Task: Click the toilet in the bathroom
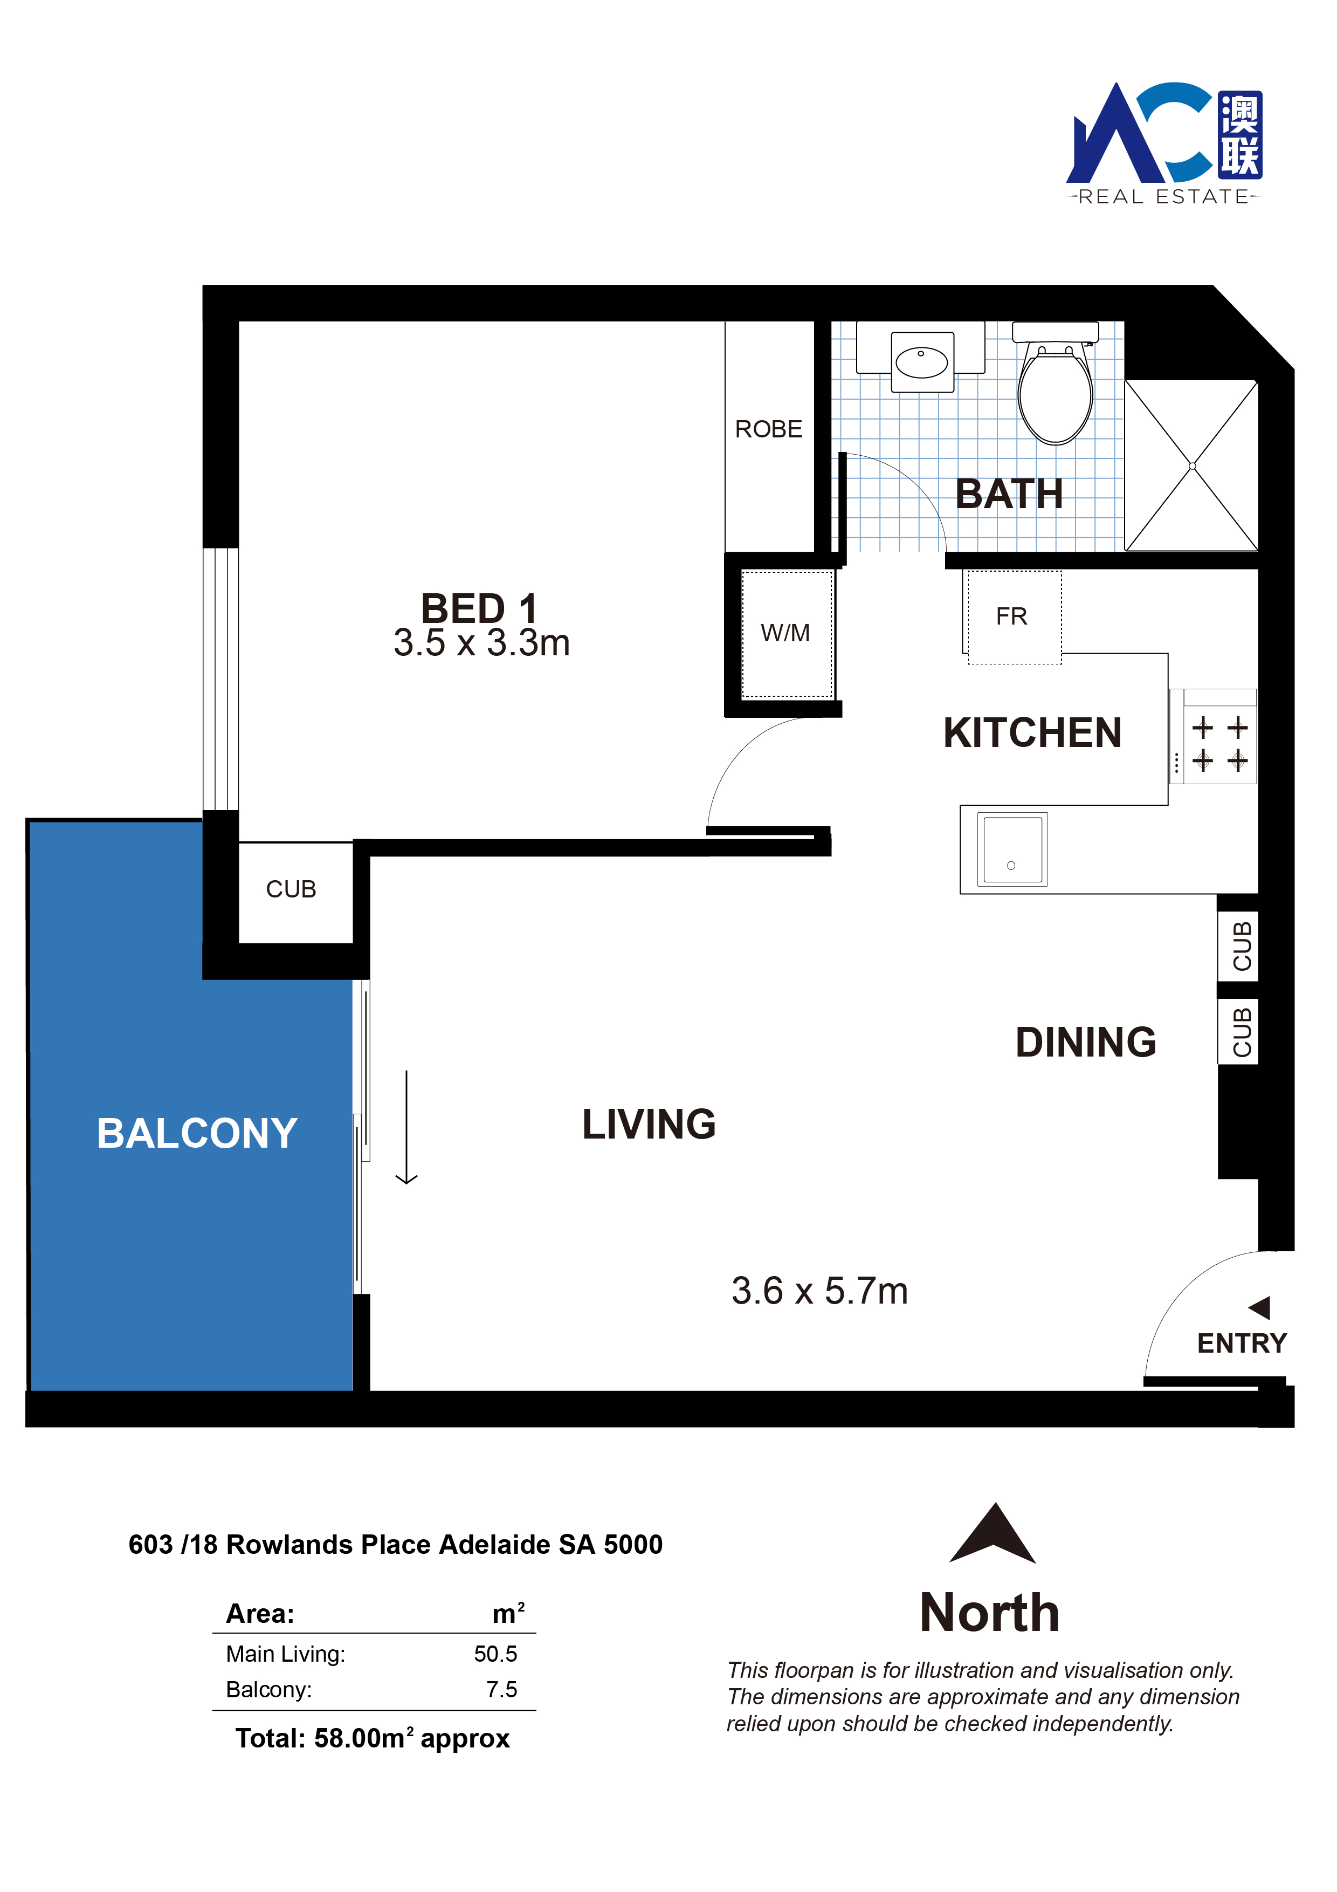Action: point(1055,383)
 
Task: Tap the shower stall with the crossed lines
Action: point(1191,465)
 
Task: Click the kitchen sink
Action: point(1012,849)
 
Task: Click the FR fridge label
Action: point(1011,616)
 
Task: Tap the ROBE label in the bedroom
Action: point(769,429)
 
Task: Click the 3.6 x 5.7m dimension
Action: point(819,1291)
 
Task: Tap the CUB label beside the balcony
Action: point(291,889)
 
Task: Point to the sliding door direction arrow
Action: point(406,1127)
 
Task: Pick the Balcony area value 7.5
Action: point(502,1690)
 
